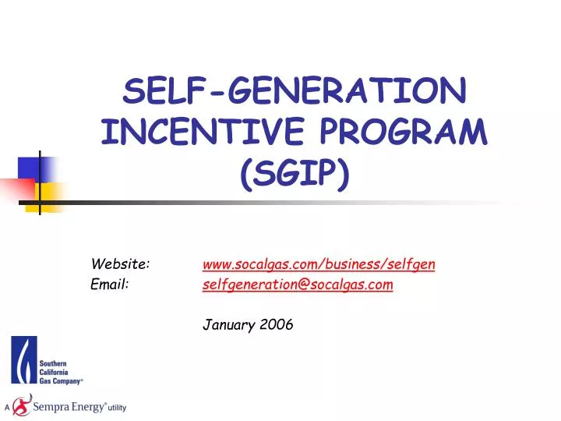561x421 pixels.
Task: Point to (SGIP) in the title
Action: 295,179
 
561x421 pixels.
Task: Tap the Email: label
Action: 110,285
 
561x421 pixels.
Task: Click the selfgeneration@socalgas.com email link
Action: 298,285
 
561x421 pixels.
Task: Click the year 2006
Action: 277,325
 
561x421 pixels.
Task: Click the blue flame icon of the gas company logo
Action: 23,359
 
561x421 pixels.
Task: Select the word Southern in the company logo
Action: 54,364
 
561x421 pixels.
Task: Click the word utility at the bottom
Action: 117,408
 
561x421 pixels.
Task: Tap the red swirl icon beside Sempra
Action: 22,405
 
